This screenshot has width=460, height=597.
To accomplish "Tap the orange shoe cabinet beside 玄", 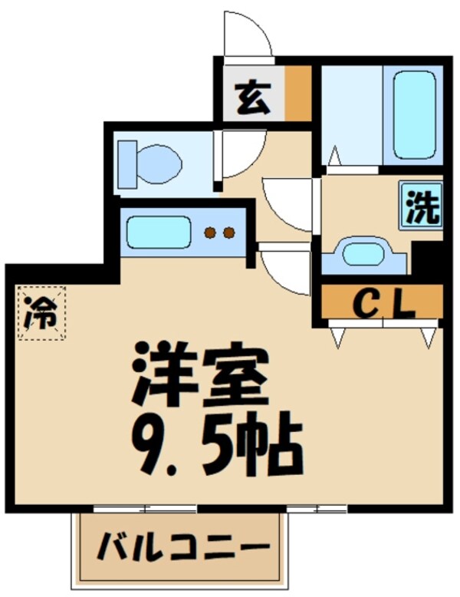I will [298, 94].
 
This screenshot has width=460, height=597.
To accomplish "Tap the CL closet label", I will [383, 304].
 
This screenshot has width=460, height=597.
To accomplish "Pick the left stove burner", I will [209, 233].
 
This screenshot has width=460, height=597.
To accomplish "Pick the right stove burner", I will [228, 233].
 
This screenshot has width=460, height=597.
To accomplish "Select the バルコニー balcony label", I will [183, 548].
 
